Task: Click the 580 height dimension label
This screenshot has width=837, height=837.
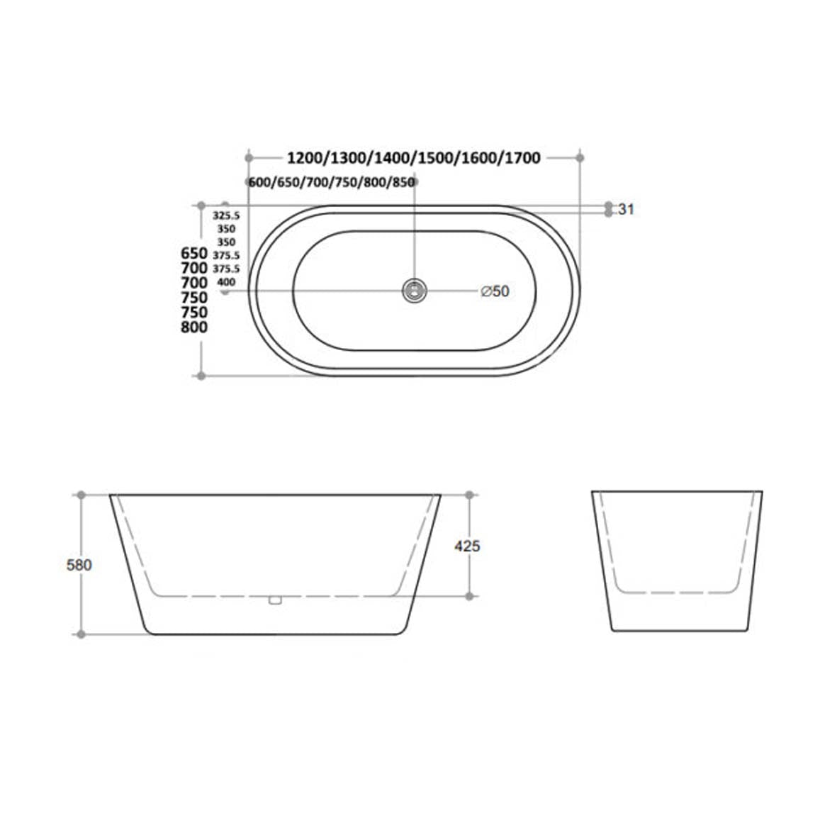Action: pyautogui.click(x=79, y=566)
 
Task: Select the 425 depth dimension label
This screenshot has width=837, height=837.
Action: pyautogui.click(x=468, y=546)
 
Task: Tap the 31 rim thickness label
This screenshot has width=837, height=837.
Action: pyautogui.click(x=626, y=209)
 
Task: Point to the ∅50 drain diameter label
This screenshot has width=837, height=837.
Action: pyautogui.click(x=495, y=291)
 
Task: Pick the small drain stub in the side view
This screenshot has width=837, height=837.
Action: pyautogui.click(x=275, y=601)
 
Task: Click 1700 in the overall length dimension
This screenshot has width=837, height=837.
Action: pyautogui.click(x=523, y=157)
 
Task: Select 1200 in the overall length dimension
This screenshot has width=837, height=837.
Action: pyautogui.click(x=305, y=157)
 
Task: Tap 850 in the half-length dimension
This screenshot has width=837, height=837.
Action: pyautogui.click(x=403, y=183)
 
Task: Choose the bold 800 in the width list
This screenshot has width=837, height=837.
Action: pyautogui.click(x=194, y=327)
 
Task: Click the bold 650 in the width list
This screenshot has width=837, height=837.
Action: pyautogui.click(x=194, y=253)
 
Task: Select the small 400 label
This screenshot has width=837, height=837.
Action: pyautogui.click(x=226, y=282)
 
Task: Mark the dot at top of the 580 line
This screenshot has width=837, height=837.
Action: pyautogui.click(x=81, y=495)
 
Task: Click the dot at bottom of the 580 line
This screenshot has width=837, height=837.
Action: pyautogui.click(x=81, y=634)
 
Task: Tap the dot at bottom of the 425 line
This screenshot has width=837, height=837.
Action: pyautogui.click(x=468, y=596)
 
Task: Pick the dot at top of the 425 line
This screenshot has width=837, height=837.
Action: pyautogui.click(x=468, y=495)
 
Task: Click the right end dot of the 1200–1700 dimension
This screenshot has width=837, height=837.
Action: pyautogui.click(x=580, y=157)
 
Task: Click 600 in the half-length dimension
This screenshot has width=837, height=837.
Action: pyautogui.click(x=261, y=183)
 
